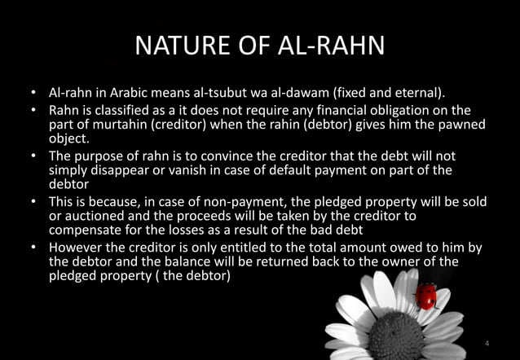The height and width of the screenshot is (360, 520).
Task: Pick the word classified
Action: click(x=125, y=111)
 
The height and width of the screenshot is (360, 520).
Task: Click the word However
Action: click(x=78, y=248)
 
